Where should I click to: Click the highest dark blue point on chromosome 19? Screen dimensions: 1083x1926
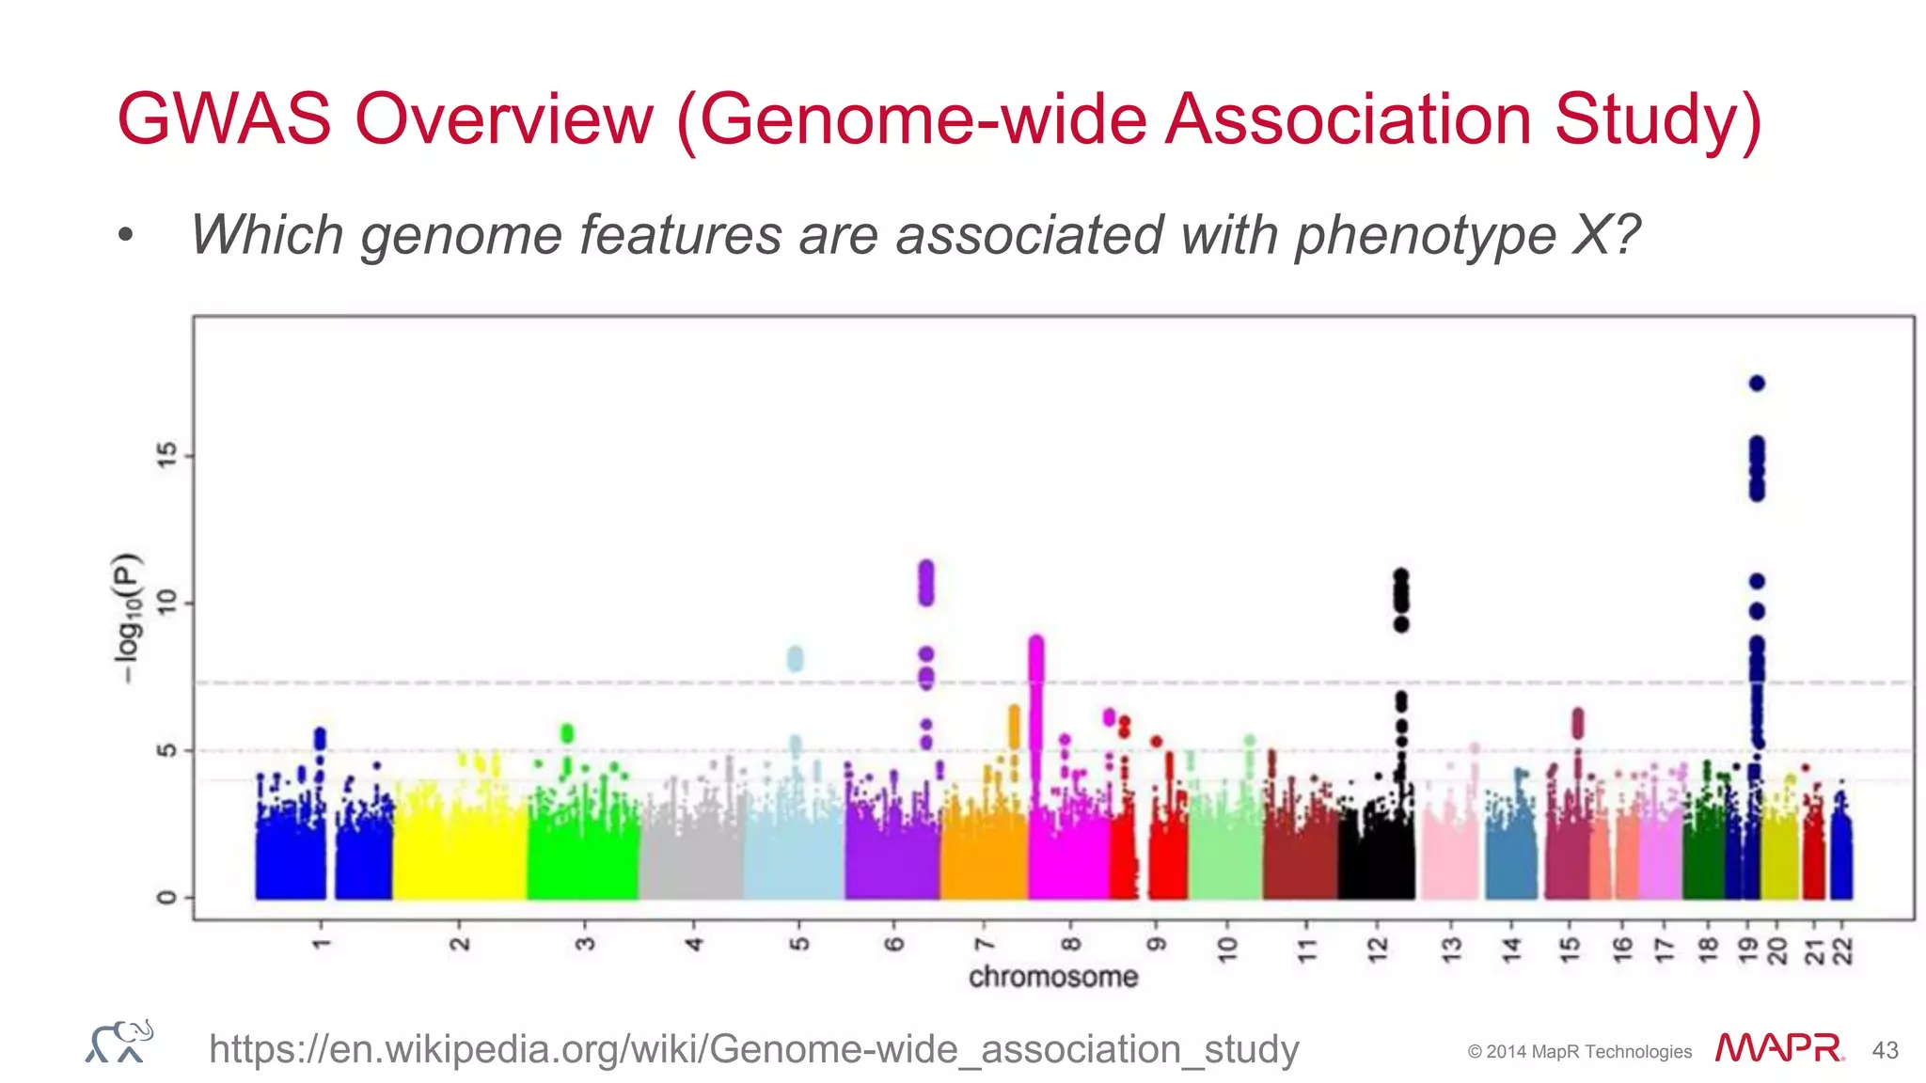pyautogui.click(x=1756, y=383)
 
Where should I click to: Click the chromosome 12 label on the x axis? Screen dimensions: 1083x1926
pyautogui.click(x=1378, y=950)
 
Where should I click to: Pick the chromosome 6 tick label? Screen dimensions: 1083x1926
pyautogui.click(x=894, y=943)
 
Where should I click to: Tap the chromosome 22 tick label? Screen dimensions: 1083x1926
pyautogui.click(x=1843, y=951)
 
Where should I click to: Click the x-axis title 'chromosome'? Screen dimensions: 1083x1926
pyautogui.click(x=1053, y=977)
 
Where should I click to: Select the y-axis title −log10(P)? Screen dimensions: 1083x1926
pyautogui.click(x=127, y=619)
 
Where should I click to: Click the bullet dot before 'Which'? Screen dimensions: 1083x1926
pyautogui.click(x=126, y=236)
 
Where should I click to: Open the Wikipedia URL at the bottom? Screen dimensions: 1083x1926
pyautogui.click(x=753, y=1048)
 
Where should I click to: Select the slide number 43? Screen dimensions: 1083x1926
pyautogui.click(x=1885, y=1050)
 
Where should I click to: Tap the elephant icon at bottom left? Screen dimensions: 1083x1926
pyautogui.click(x=119, y=1042)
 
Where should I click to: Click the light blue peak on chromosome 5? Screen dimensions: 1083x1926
pyautogui.click(x=795, y=658)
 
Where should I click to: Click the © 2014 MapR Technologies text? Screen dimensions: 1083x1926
pyautogui.click(x=1579, y=1052)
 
